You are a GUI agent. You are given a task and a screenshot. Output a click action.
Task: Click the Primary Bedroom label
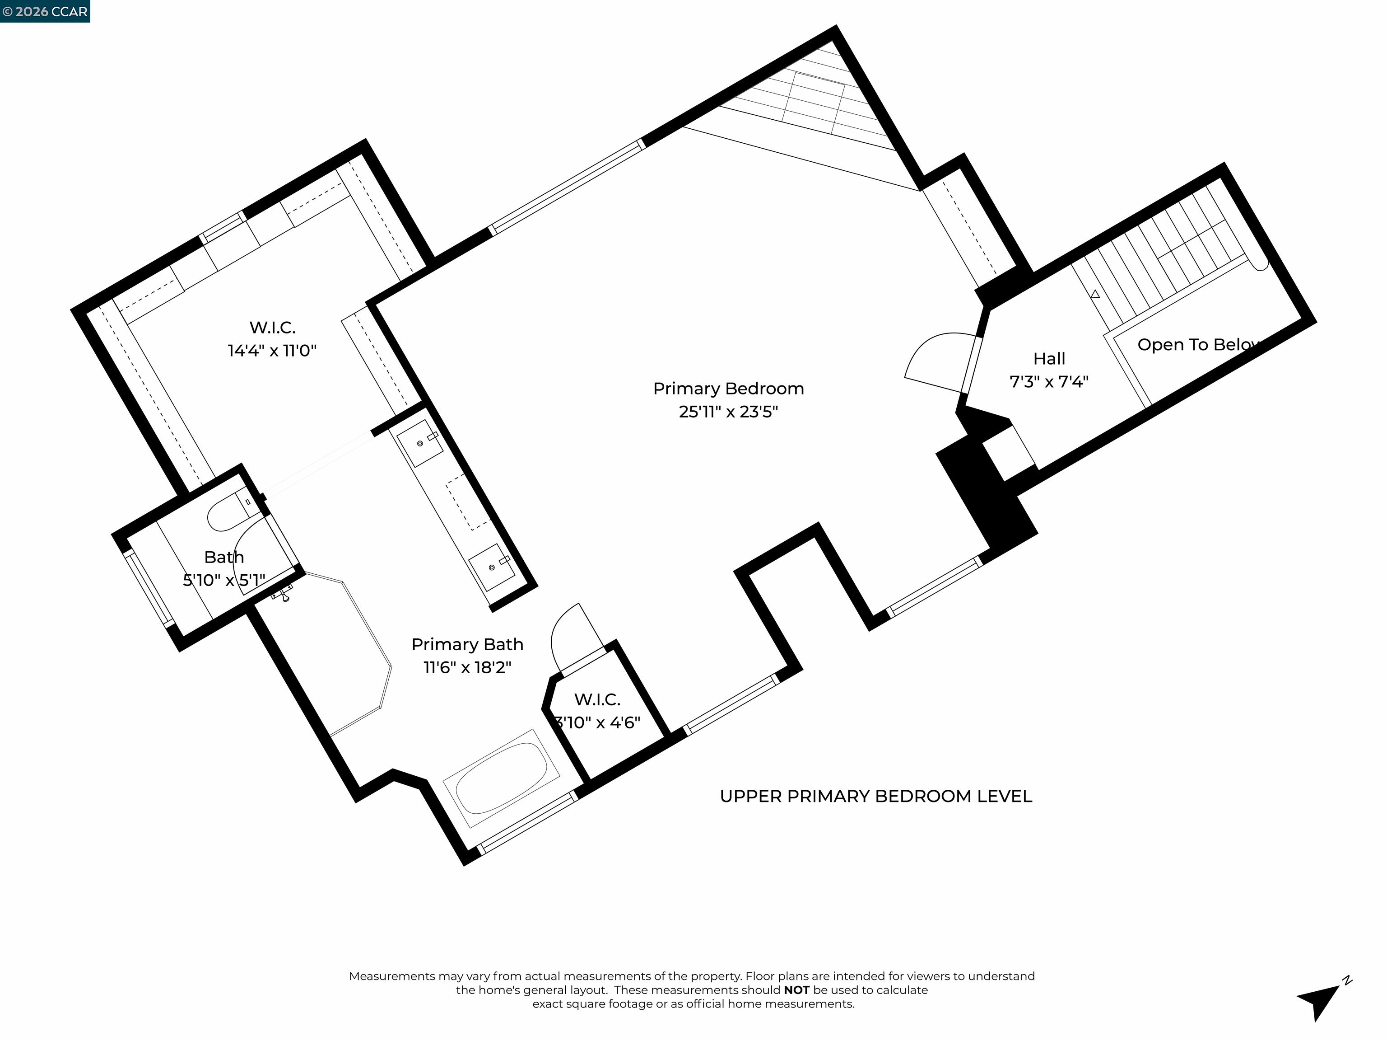point(728,389)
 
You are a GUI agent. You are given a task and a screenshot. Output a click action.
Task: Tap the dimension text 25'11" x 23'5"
point(728,412)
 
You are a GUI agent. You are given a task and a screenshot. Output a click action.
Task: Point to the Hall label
point(1049,359)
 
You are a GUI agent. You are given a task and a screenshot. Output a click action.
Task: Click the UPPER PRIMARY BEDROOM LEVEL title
point(875,796)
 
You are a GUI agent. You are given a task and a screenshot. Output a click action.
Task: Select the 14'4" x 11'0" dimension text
point(272,351)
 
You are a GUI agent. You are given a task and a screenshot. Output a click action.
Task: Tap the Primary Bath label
point(467,644)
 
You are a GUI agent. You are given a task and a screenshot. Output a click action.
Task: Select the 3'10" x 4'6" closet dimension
point(598,722)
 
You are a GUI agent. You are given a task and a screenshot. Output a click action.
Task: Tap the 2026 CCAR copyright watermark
point(45,11)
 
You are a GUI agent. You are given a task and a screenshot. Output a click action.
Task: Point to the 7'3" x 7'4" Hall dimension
point(1049,381)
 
